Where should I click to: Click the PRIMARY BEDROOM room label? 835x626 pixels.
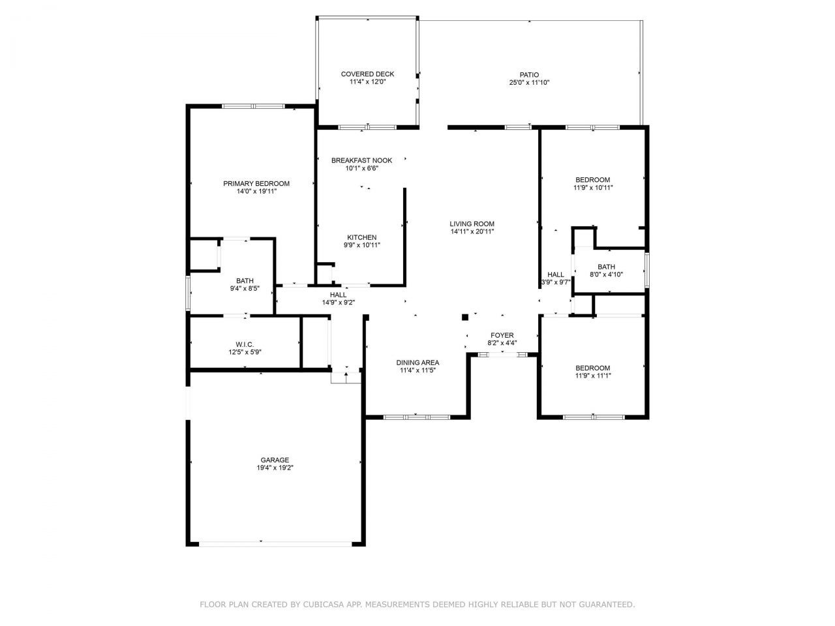(256, 184)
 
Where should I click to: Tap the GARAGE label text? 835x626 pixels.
(275, 460)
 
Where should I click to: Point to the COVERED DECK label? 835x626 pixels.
(367, 74)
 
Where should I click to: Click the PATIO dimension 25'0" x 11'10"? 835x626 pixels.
(529, 83)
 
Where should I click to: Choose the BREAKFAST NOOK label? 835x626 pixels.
(361, 160)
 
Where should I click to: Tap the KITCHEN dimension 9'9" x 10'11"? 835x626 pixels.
(361, 245)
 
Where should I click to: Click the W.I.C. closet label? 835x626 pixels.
(245, 344)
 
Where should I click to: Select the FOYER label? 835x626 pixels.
(502, 335)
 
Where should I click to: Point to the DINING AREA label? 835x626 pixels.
(417, 363)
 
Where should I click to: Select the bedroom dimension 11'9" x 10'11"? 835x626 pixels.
(592, 188)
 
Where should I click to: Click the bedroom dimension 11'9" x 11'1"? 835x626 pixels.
(592, 376)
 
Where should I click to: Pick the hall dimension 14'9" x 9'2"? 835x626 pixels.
(338, 303)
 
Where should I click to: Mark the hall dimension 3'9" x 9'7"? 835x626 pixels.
(555, 282)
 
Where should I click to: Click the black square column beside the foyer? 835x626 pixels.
(465, 318)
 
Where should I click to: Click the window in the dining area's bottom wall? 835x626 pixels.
(416, 416)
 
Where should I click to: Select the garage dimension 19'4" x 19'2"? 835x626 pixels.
(275, 468)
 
